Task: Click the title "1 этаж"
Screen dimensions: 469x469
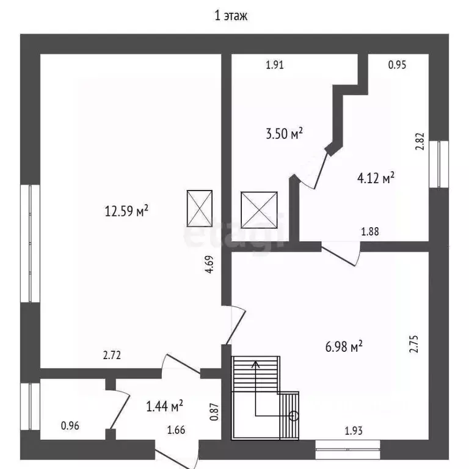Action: coord(231,16)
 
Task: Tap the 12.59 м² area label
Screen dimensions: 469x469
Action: coord(126,211)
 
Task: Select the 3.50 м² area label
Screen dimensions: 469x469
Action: coord(284,133)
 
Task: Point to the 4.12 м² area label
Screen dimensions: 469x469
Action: coord(376,178)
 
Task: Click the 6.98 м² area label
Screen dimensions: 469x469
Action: coord(344,347)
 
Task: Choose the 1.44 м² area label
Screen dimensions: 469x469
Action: coord(164,406)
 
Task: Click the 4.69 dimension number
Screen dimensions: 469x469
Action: coord(209,264)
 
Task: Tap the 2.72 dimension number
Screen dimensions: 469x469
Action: coord(112,355)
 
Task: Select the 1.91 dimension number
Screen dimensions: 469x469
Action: coord(275,65)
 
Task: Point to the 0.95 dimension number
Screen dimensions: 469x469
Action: coord(397,65)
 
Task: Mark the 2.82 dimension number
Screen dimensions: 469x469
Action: coord(420,141)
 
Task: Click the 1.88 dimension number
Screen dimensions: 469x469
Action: coord(370,231)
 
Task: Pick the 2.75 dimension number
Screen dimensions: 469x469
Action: coord(414,344)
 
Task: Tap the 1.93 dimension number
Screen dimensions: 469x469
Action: coord(354,431)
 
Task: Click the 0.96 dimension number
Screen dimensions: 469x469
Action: coord(70,426)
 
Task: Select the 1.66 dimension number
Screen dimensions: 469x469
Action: coord(176,430)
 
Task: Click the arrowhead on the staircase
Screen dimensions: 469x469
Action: coord(255,364)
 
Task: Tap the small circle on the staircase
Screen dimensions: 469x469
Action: coord(294,416)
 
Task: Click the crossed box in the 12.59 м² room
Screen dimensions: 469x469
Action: coord(200,208)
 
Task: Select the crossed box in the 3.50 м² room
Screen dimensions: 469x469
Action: coord(259,210)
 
